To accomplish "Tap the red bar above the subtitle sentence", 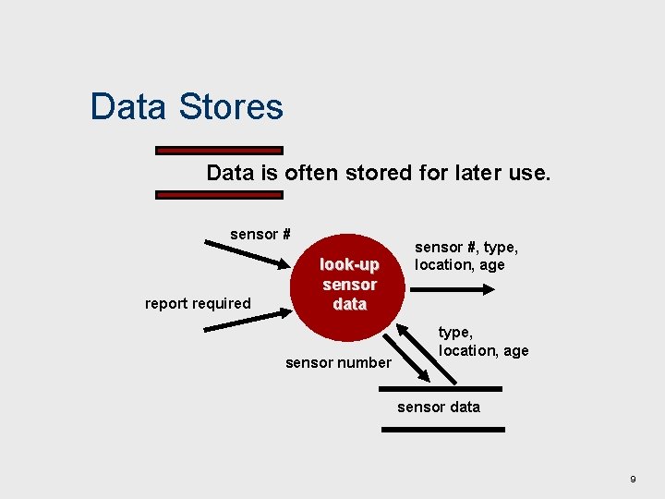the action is [219, 150].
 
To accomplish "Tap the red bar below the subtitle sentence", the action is [219, 195].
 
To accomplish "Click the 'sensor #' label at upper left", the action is [260, 234].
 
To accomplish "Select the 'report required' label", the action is [198, 303].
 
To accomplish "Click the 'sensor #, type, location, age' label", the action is [465, 256].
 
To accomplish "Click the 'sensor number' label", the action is [338, 362].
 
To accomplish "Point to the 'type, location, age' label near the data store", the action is [483, 341].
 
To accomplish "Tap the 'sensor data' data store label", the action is [439, 407].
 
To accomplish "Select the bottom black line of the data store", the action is [444, 429].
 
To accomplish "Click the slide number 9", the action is [633, 479].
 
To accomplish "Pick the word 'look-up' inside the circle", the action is [349, 264].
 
